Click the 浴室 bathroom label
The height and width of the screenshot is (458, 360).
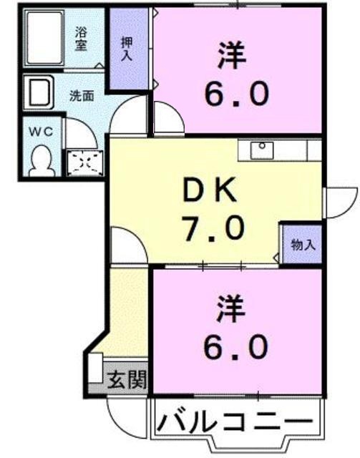point(83,38)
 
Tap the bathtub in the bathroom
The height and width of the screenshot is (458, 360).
point(49,39)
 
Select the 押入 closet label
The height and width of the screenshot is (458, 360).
point(126,49)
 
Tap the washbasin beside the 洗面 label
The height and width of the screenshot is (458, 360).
point(39,93)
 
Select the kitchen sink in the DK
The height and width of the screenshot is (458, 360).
point(262,150)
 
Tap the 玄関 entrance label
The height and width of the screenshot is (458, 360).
point(127,379)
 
